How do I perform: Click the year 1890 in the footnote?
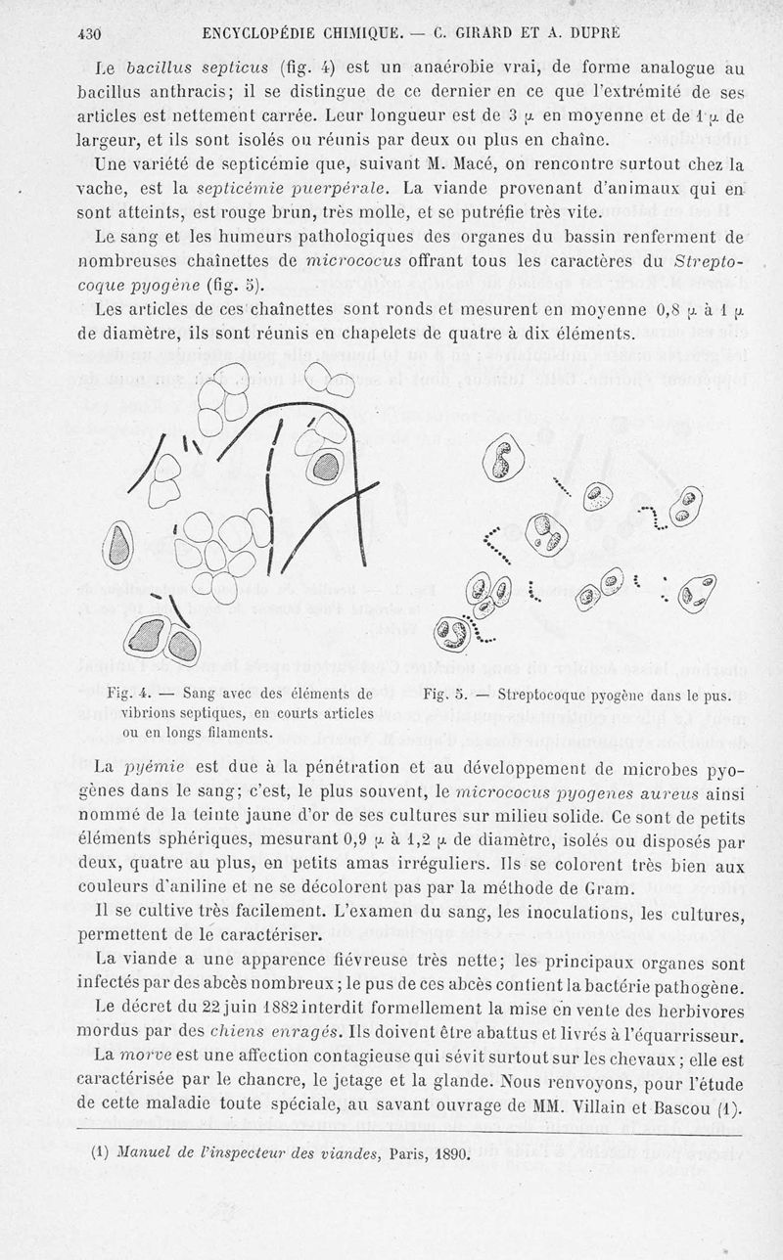pos(451,1152)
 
